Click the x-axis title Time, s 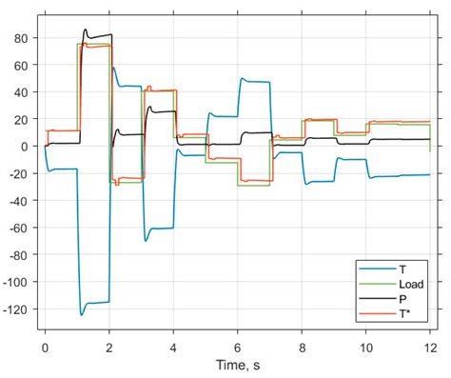tap(238, 367)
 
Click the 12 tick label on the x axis tap(431, 348)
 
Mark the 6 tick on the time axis tap(238, 348)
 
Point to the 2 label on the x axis tap(109, 348)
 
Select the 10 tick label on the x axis tap(366, 348)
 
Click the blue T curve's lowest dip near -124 tap(82, 313)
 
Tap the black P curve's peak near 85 tap(86, 30)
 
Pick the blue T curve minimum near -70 tap(146, 240)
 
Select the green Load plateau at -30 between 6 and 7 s tap(254, 186)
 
